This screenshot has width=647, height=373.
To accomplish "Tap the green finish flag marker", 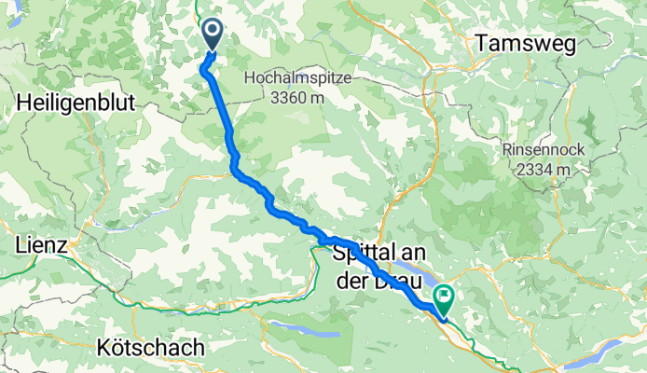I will [444, 300].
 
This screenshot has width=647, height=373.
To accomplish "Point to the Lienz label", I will [41, 246].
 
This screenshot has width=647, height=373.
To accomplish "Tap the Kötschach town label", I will [150, 348].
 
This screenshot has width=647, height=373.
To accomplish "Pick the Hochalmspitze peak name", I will [297, 79].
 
